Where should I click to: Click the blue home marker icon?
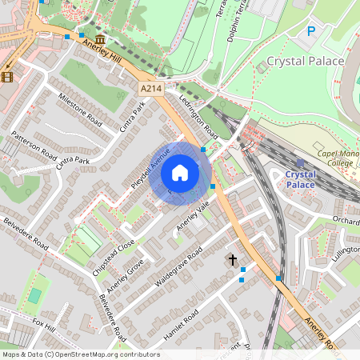180,173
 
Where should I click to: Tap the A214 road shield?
150,88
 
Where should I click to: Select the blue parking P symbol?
311,31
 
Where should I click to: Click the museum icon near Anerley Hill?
99,39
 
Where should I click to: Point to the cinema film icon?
8,77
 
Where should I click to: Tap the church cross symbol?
233,260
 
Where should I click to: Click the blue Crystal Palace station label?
300,178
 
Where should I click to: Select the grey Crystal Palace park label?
305,61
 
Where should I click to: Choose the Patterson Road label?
34,146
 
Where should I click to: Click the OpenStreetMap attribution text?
81,354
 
